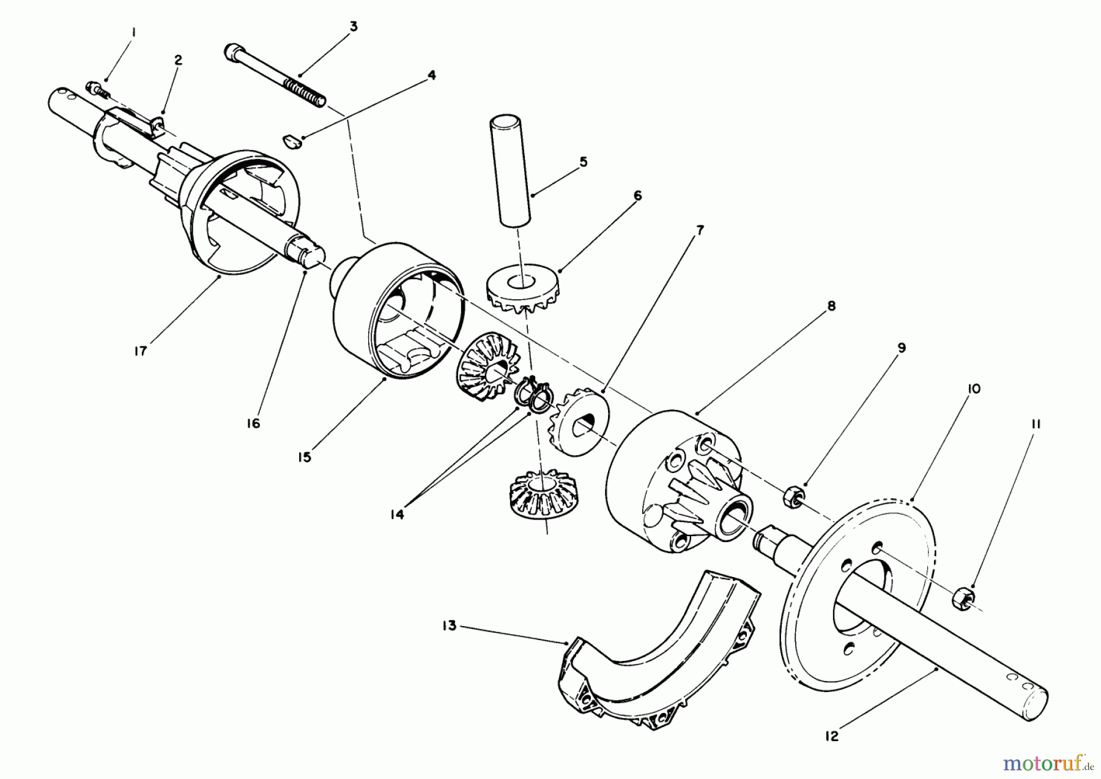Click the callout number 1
tap(135, 29)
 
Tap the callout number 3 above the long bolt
tap(354, 27)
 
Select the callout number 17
tap(141, 352)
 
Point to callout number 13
tap(450, 627)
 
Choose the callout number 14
tap(398, 515)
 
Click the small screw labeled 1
tap(98, 89)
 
